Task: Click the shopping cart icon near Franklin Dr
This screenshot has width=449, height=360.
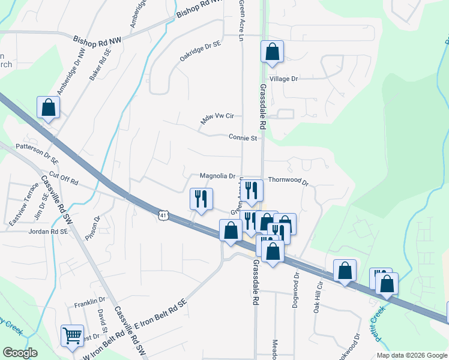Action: point(73,336)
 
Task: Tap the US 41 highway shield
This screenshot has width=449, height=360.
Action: point(164,214)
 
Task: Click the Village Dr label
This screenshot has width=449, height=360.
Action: point(283,79)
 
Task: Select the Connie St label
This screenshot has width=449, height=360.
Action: point(243,137)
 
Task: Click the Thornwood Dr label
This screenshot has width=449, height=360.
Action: point(288,180)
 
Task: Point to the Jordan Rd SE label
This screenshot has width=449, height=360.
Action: point(47,230)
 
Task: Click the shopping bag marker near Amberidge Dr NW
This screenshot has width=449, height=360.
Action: point(49,108)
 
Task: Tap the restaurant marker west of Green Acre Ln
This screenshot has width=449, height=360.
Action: point(201,199)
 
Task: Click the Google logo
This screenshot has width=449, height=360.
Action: point(20,353)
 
